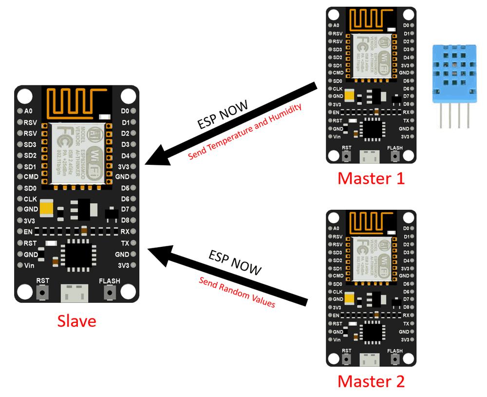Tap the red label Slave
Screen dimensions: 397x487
click(x=76, y=320)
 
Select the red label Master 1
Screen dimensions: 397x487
click(x=371, y=179)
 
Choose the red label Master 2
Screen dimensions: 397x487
click(x=371, y=381)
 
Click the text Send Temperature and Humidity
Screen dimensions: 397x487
click(x=245, y=133)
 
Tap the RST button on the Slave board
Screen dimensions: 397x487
click(x=43, y=293)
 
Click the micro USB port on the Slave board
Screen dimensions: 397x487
click(x=76, y=293)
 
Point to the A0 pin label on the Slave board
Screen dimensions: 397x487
click(x=28, y=111)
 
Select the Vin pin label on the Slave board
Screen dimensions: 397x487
click(x=29, y=265)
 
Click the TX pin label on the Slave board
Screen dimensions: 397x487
click(x=125, y=243)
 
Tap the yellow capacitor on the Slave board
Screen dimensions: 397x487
click(x=47, y=209)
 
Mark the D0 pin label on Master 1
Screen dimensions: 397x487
click(x=406, y=25)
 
